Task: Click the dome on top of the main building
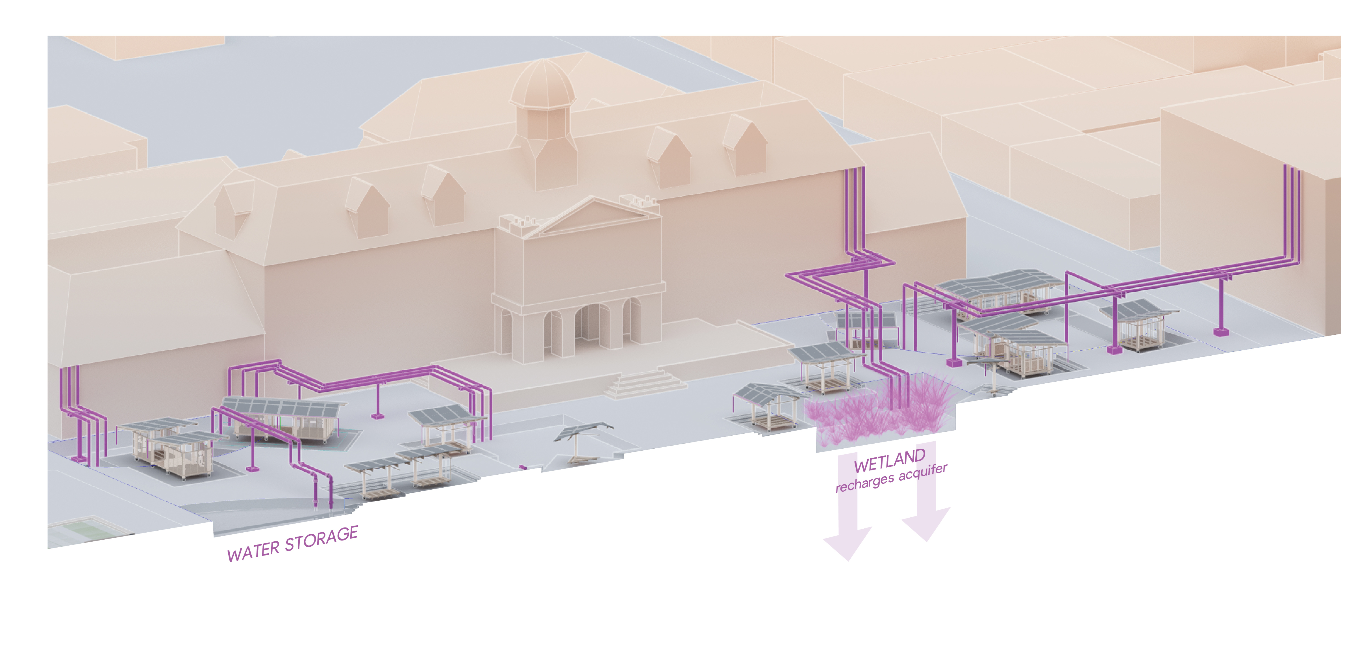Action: pos(542,84)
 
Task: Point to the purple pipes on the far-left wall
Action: pos(71,390)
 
